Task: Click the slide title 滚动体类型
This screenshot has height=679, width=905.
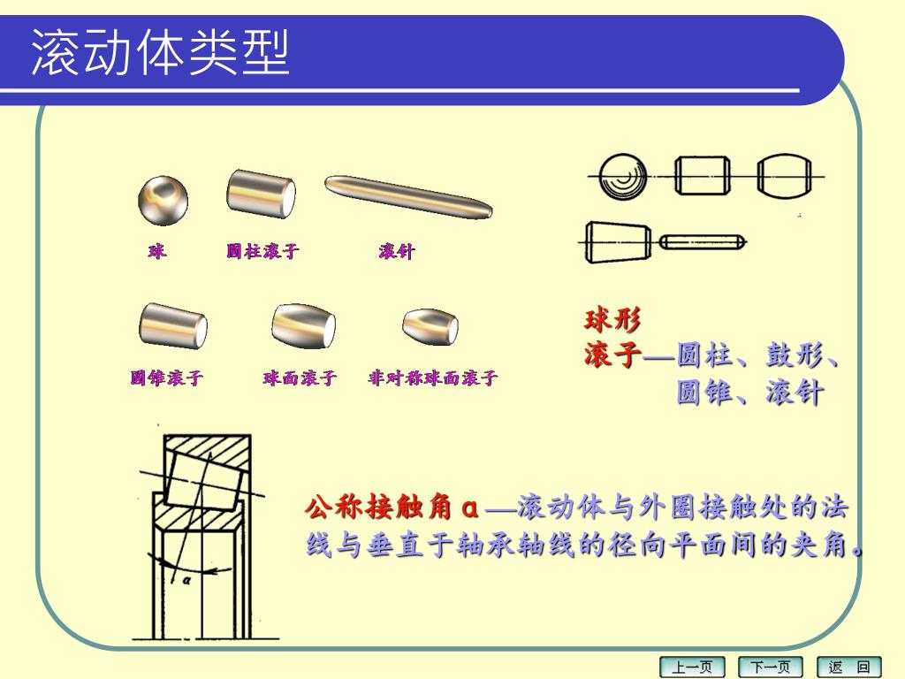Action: coord(160,52)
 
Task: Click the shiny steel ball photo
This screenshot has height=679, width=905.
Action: coord(163,201)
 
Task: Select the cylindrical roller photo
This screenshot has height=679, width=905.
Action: coord(261,194)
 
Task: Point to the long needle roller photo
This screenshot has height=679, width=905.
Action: coord(408,197)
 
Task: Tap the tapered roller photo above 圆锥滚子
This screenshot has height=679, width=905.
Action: coord(173,325)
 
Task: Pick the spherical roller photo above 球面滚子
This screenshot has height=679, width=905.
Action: coord(304,325)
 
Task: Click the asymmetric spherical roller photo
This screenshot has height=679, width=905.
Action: coord(430,327)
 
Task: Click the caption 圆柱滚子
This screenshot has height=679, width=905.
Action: coord(262,251)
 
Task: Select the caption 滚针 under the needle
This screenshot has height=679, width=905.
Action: coord(397,251)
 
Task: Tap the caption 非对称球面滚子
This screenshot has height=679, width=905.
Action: coord(433,378)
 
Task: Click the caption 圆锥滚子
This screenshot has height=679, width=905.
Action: coord(167,378)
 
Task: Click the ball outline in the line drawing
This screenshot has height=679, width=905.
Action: coord(623,176)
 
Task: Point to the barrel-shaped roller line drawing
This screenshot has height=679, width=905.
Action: coord(785,176)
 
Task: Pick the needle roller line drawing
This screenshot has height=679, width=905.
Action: coord(703,242)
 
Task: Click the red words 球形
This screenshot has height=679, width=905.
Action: coord(612,318)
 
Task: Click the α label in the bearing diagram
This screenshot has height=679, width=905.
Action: coord(186,580)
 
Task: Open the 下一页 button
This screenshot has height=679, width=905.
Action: coord(771,668)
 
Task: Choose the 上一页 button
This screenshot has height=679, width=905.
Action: coord(692,668)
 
